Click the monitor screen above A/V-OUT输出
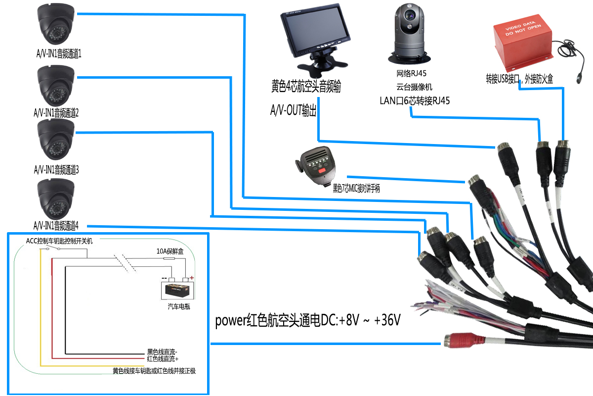point(315,33)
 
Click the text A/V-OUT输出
point(293,110)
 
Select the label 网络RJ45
point(411,74)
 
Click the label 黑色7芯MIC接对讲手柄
point(356,188)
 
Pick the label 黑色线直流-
point(163,352)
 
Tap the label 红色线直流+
point(163,358)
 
